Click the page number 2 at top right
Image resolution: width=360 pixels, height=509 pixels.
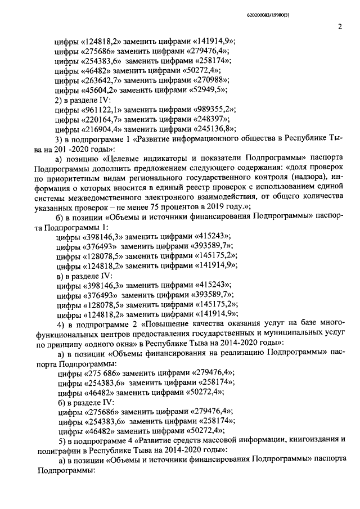coord(340,25)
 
